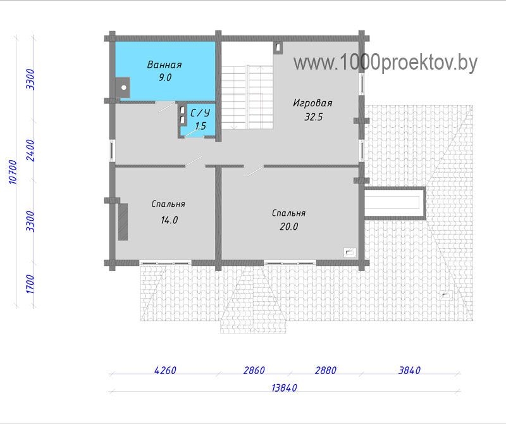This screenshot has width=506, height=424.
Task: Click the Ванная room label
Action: coord(164,65)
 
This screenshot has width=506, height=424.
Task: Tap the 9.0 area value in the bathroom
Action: coord(165,77)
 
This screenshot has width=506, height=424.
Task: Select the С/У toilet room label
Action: coord(201,113)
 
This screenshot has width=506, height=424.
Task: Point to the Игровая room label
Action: coord(312,103)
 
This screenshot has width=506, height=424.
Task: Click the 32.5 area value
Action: coord(313,116)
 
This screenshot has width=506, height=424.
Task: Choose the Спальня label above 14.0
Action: coord(168,204)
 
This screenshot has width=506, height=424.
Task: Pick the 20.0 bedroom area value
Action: coord(289,227)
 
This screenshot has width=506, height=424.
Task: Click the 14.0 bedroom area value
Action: coord(170,220)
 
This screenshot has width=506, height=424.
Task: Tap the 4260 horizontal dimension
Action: coord(165,370)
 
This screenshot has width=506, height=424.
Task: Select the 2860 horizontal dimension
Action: coord(254,370)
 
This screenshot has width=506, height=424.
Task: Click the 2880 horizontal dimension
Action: coord(326,370)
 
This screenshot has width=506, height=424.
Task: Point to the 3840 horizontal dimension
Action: coord(409,370)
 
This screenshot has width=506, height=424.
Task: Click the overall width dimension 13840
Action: coord(284,387)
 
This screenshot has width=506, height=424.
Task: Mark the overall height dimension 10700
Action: coord(12,171)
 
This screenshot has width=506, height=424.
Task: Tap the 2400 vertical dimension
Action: coord(30,151)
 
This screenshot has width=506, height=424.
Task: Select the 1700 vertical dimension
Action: coord(30,284)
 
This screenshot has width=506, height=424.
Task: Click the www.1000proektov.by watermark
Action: coord(385,63)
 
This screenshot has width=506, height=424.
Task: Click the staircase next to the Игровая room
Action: coord(247,97)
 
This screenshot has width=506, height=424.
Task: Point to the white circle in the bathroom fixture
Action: coord(124,87)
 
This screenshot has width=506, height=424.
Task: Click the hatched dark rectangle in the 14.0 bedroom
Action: coord(123,221)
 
